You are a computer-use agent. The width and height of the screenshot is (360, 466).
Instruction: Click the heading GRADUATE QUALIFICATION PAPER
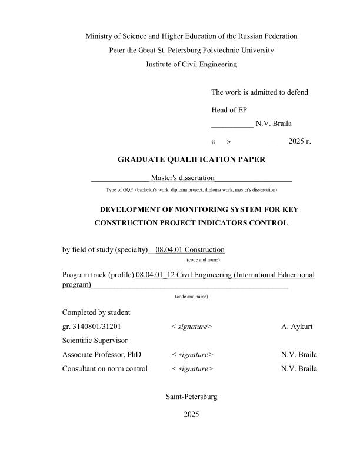pyautogui.click(x=191, y=159)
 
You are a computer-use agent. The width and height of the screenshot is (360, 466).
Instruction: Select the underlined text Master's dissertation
pyautogui.click(x=182, y=178)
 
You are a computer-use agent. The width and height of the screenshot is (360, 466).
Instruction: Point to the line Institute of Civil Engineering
pyautogui.click(x=191, y=65)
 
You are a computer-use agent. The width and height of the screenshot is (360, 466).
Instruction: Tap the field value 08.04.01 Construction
pyautogui.click(x=190, y=250)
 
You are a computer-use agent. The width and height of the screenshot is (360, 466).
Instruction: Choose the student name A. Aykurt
pyautogui.click(x=299, y=326)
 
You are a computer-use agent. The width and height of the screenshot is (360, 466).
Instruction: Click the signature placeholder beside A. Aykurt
pyautogui.click(x=192, y=326)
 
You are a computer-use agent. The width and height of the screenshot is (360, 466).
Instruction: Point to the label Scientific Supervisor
pyautogui.click(x=95, y=340)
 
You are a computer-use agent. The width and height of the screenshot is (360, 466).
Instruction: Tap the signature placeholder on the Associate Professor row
pyautogui.click(x=192, y=355)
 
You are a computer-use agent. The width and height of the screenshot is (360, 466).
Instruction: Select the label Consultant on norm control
pyautogui.click(x=105, y=369)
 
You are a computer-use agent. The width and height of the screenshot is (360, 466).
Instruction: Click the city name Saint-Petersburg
pyautogui.click(x=192, y=397)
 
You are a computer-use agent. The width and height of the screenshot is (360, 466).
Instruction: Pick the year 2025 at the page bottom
pyautogui.click(x=192, y=415)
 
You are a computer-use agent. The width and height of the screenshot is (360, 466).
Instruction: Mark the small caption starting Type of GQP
pyautogui.click(x=191, y=190)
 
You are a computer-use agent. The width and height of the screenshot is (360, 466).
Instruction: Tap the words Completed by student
pyautogui.click(x=96, y=312)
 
